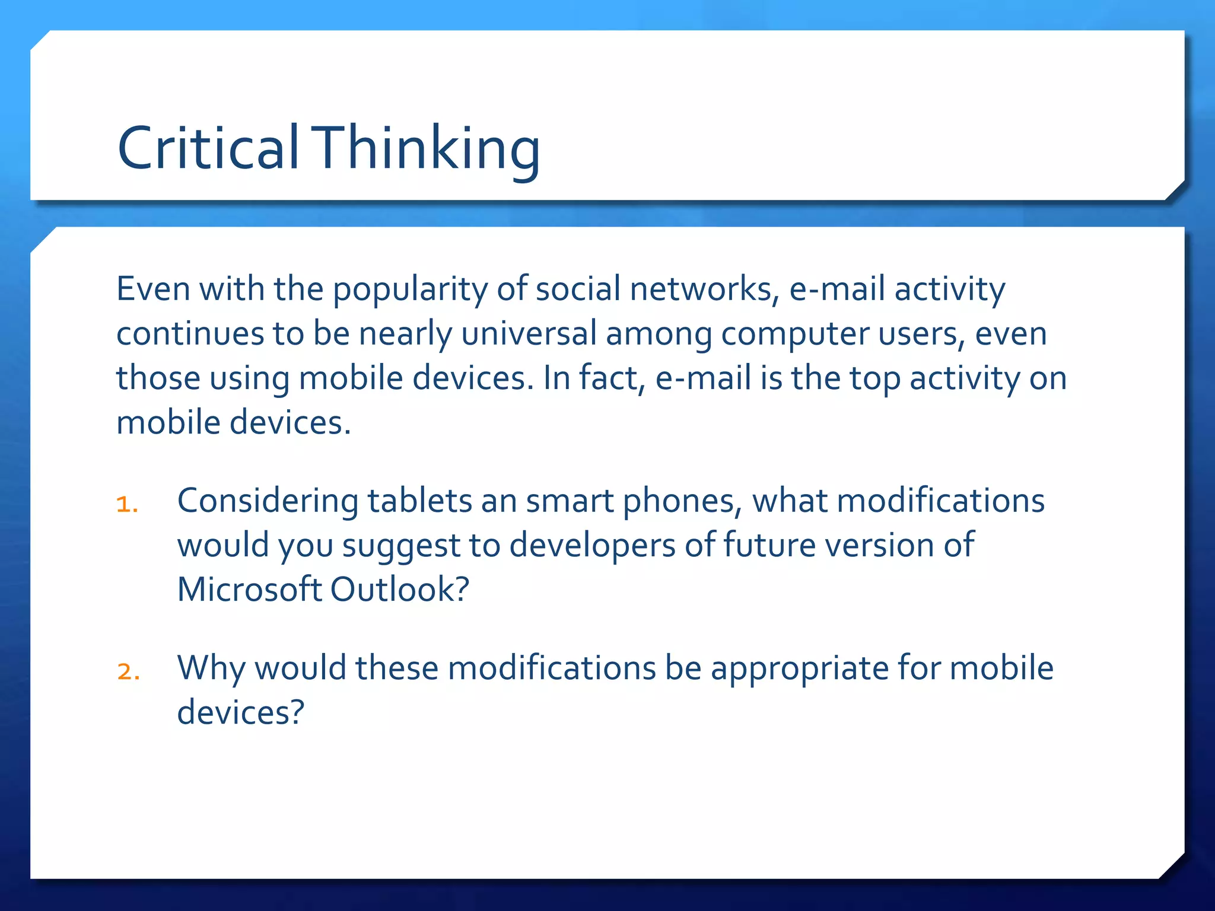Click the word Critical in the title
(208, 148)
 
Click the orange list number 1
(126, 505)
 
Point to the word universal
(529, 333)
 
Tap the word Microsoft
(249, 590)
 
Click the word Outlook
(399, 590)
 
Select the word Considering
(268, 501)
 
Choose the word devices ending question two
(240, 712)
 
